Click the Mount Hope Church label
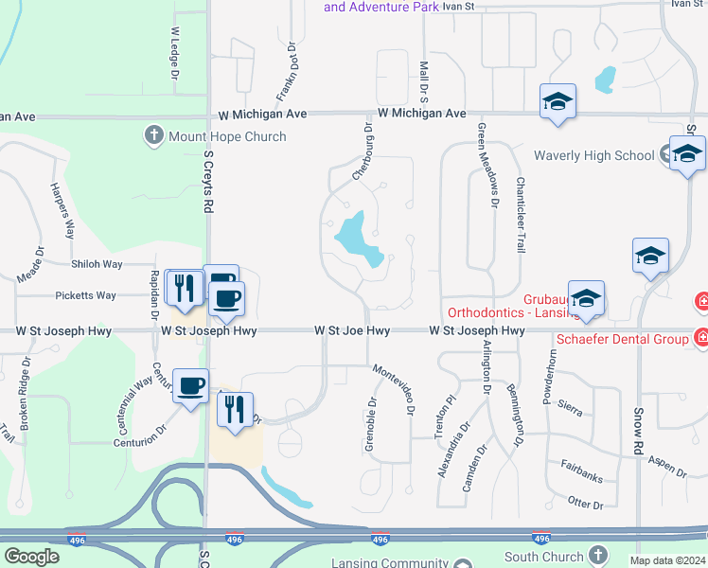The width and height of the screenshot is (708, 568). click(227, 136)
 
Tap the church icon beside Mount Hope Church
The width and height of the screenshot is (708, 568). click(154, 136)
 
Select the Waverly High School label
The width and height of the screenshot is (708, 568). click(593, 155)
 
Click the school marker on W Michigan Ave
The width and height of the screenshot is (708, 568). click(558, 102)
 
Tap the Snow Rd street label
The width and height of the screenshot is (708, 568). click(639, 430)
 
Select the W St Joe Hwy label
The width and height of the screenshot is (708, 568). click(352, 331)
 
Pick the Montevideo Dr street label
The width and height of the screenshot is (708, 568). click(393, 389)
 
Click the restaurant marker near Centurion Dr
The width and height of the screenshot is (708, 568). click(234, 410)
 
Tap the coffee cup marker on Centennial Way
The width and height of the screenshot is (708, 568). click(190, 386)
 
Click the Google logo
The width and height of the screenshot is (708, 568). click(31, 557)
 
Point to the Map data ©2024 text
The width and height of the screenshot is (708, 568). click(667, 560)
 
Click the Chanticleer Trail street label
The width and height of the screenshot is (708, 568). click(520, 215)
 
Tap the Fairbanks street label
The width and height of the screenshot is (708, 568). click(581, 470)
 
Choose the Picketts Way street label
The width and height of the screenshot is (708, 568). click(85, 295)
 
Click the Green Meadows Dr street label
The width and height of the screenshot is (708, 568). click(488, 166)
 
